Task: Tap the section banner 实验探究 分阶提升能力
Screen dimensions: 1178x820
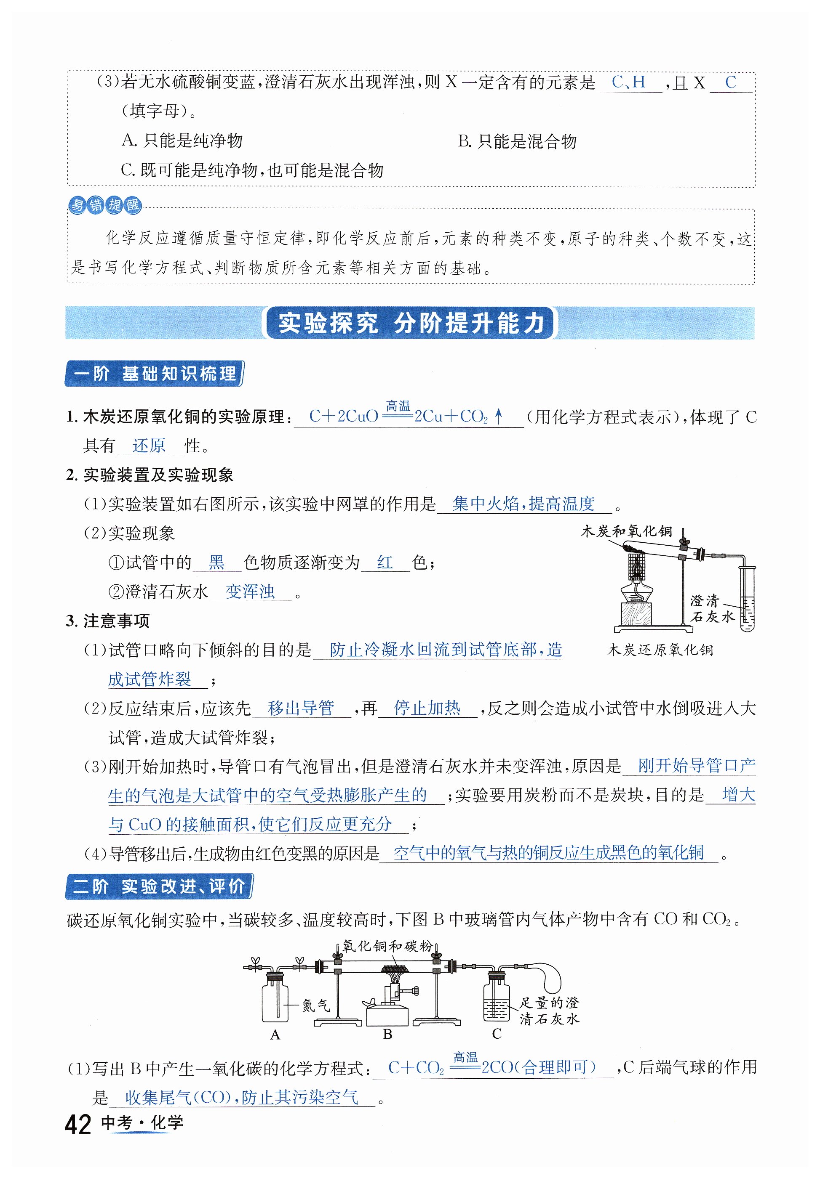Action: tap(410, 323)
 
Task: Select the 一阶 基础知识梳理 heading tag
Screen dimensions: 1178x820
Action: tap(155, 374)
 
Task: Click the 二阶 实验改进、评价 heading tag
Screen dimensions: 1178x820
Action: tap(159, 886)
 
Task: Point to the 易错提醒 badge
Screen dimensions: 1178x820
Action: tap(105, 205)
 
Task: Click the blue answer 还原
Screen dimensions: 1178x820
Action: tap(149, 446)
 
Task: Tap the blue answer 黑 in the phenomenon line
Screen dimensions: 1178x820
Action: tap(216, 562)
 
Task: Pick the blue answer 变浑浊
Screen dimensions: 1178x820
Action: tap(250, 592)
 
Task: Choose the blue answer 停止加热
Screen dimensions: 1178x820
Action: tap(427, 708)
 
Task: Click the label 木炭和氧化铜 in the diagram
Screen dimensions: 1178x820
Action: tap(626, 531)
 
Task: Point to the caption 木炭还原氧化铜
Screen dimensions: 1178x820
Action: tap(660, 650)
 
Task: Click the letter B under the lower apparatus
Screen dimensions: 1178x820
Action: tap(387, 1035)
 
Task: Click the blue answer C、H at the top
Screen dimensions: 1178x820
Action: tap(628, 82)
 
